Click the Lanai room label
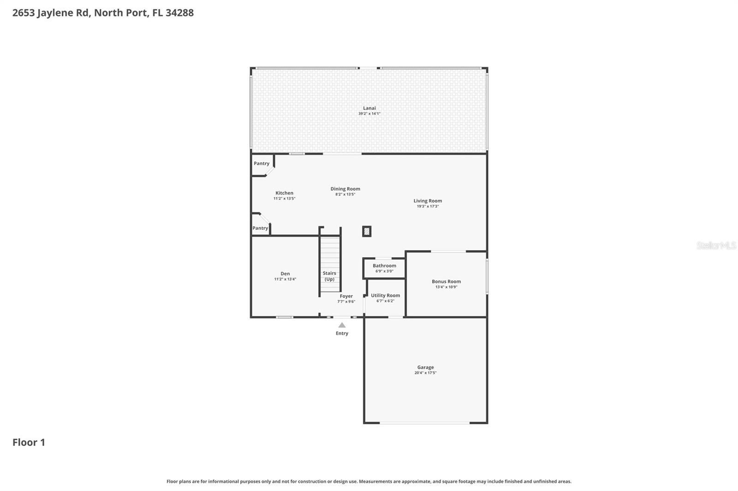[x=369, y=108]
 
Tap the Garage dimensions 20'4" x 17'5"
[x=425, y=373]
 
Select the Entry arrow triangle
[x=342, y=325]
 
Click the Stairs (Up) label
[x=329, y=276]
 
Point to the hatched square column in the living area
[x=367, y=231]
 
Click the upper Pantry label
[x=262, y=164]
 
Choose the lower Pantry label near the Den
[x=260, y=228]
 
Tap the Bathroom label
[x=384, y=266]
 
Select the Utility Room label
[x=385, y=296]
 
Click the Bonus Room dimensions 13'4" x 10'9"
[x=446, y=287]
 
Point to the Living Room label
[x=428, y=201]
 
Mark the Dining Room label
[x=345, y=189]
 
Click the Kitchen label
[x=284, y=193]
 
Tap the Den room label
[x=285, y=274]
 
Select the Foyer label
[x=346, y=296]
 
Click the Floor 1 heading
[x=29, y=442]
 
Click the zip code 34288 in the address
[x=179, y=12]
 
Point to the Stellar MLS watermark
[x=716, y=245]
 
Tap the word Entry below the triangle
[x=342, y=333]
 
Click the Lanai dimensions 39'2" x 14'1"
[x=369, y=114]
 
